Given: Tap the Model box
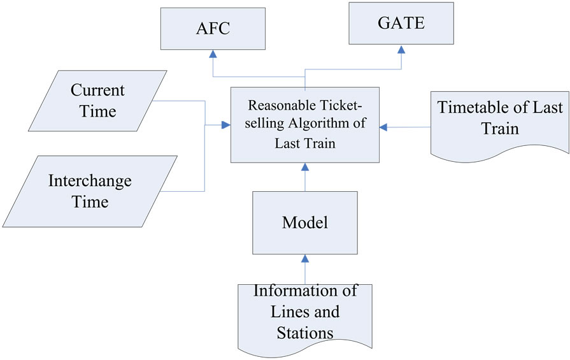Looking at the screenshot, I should (x=304, y=222).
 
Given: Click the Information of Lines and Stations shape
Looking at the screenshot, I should (x=304, y=315).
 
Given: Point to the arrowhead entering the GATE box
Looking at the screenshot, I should (x=401, y=50).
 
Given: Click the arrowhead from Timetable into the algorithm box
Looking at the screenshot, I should (x=384, y=127).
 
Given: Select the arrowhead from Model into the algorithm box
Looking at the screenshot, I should (x=304, y=167).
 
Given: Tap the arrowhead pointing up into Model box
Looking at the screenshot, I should (x=304, y=259).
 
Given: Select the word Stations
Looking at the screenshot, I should (x=304, y=332).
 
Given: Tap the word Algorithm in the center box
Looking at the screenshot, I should (x=325, y=124).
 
